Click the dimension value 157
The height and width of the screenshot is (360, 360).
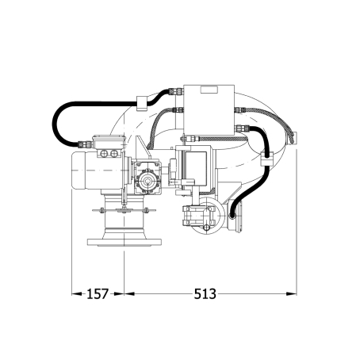98,294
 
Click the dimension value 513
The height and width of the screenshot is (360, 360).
205,294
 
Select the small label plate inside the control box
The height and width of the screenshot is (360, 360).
209,90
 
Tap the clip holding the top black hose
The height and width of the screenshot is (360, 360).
142,103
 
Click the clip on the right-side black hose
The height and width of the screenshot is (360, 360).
266,158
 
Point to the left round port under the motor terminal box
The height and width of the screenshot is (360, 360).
104,153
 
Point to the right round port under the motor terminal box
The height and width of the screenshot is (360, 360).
114,153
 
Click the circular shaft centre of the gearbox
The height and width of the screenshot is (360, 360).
147,182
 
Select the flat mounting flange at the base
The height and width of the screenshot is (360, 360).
124,242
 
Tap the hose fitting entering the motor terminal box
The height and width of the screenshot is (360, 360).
85,144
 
